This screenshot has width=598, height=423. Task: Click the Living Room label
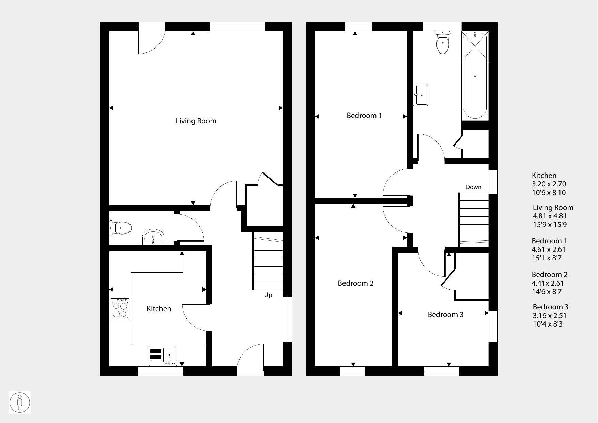click(x=196, y=121)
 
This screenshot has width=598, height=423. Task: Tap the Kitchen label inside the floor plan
click(x=159, y=308)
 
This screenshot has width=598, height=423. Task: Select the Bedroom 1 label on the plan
click(x=364, y=116)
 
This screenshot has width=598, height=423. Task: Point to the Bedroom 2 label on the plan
click(x=356, y=283)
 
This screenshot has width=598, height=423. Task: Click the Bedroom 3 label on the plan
click(x=446, y=315)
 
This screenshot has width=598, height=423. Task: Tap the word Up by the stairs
click(x=268, y=295)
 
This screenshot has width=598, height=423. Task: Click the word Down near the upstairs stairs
click(x=474, y=187)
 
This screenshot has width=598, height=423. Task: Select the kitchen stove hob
click(x=120, y=309)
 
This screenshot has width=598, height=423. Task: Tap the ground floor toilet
click(x=121, y=228)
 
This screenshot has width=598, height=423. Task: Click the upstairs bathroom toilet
click(x=443, y=43)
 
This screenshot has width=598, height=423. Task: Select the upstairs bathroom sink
click(x=420, y=95)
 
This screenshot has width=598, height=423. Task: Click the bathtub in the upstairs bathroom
click(x=475, y=75)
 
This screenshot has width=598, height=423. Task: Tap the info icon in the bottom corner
click(x=20, y=403)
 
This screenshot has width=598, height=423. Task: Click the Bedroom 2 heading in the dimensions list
click(x=550, y=275)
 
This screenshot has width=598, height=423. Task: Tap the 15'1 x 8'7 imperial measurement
click(x=547, y=258)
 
